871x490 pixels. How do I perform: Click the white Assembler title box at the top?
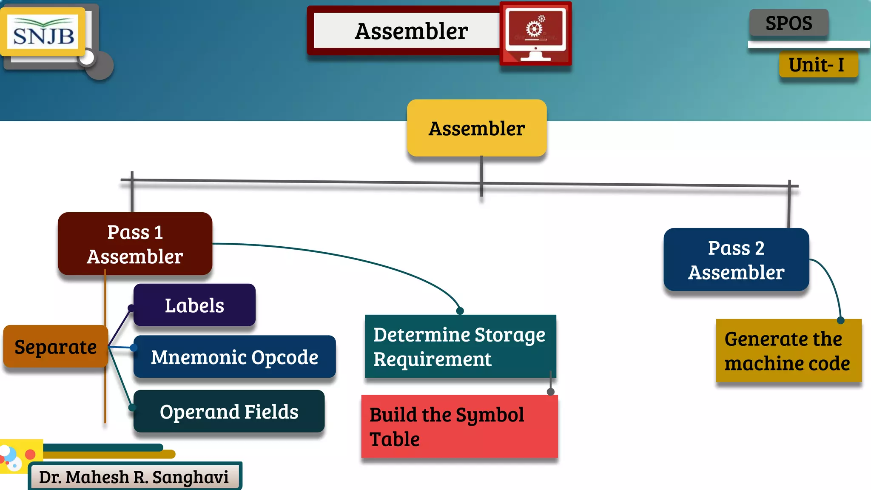click(406, 31)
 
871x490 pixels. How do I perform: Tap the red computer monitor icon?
click(535, 33)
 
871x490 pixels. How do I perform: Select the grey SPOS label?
click(788, 23)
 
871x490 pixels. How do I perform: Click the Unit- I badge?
click(818, 65)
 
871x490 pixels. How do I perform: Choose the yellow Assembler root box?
click(476, 128)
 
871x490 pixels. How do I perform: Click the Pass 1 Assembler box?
click(135, 244)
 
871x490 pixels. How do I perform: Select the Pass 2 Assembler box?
click(736, 260)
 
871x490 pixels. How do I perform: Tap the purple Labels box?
click(194, 305)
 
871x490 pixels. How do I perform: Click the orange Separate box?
click(55, 347)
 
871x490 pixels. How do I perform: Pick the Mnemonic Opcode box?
click(234, 357)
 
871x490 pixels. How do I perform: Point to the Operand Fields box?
click(229, 411)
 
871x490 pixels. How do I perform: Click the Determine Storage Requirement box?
click(460, 347)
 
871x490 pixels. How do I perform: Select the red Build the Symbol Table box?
click(459, 427)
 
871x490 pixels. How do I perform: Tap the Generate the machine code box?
click(788, 351)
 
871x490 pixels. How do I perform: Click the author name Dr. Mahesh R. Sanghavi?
click(134, 477)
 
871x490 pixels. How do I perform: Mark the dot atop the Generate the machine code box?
click(840, 320)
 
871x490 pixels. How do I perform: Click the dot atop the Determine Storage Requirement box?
click(460, 311)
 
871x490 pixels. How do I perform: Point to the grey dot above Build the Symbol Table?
click(551, 392)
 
